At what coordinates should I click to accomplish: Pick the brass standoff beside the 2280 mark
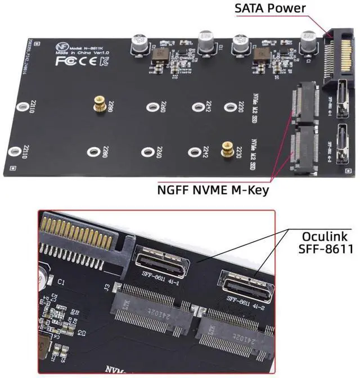pyautogui.click(x=97, y=103)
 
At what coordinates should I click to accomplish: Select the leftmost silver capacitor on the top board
pyautogui.click(x=138, y=43)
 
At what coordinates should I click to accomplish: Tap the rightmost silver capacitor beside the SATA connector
pyautogui.click(x=308, y=41)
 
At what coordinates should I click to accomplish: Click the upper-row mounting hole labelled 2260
pyautogui.click(x=151, y=107)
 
